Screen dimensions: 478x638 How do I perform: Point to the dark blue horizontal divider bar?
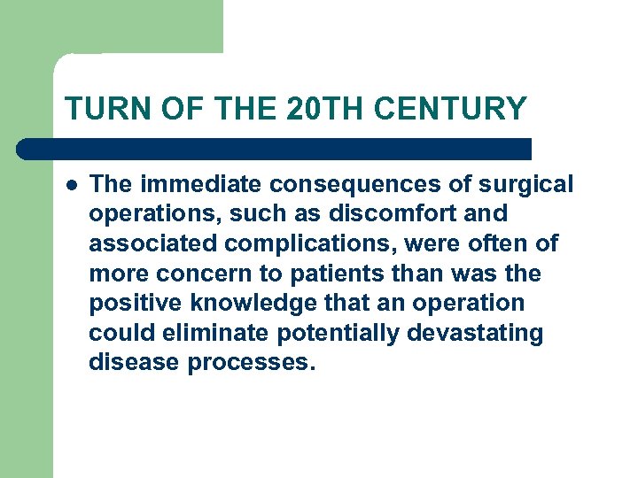[275, 149]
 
